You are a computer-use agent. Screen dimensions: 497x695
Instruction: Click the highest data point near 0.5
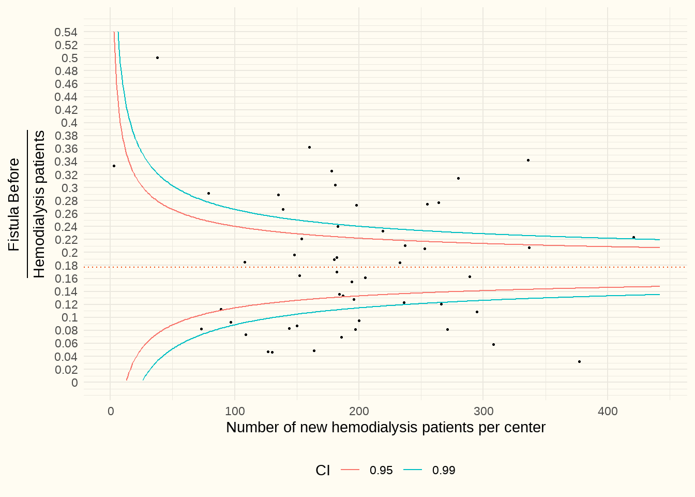(x=157, y=57)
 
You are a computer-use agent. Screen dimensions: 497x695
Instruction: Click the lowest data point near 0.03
(x=579, y=361)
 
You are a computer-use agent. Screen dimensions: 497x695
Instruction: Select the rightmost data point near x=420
(x=633, y=237)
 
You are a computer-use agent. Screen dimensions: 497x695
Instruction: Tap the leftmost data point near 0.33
(x=114, y=166)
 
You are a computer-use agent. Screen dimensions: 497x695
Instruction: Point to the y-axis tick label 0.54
(x=66, y=32)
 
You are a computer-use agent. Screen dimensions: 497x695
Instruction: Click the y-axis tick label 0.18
(x=66, y=266)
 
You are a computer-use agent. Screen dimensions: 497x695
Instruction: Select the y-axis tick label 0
(x=74, y=383)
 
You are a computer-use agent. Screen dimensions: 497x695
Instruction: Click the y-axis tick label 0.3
(x=69, y=188)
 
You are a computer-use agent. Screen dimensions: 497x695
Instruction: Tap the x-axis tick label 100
(x=235, y=411)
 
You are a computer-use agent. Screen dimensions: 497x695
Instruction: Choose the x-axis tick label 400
(x=608, y=411)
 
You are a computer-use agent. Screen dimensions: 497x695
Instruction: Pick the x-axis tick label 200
(x=359, y=411)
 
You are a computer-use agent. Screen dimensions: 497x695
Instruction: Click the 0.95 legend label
(x=381, y=470)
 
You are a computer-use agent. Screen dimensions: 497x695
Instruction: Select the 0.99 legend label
(x=444, y=470)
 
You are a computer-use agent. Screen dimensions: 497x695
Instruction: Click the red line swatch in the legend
(x=350, y=470)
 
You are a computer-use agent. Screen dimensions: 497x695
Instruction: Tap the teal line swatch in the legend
(x=413, y=470)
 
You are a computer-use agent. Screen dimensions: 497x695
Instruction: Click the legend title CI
(x=323, y=470)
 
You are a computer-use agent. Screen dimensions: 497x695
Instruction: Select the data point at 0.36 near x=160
(x=309, y=147)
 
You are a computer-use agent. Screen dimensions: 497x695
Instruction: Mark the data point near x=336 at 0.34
(x=528, y=160)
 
